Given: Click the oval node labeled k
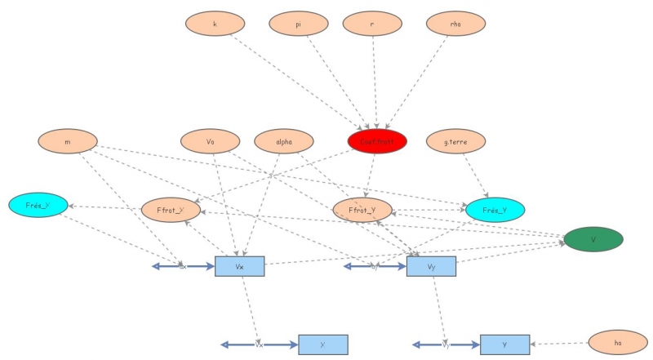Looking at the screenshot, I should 215,24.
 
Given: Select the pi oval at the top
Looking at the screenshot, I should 299,24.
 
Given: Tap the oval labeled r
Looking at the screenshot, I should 372,24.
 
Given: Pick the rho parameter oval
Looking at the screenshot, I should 455,24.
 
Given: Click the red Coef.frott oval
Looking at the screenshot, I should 377,142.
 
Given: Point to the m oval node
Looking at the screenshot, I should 67,141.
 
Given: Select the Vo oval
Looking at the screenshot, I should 211,141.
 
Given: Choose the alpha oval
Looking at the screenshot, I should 284,141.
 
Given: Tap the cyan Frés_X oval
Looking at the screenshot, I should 38,205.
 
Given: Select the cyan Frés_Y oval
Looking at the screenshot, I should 495,210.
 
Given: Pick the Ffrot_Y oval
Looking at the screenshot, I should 362,210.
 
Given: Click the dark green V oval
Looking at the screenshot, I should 593,239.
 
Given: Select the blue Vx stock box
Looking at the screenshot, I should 239,266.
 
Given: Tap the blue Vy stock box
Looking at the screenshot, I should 431,266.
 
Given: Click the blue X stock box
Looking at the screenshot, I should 323,344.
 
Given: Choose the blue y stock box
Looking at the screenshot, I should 504,344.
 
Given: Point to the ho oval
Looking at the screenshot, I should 618,343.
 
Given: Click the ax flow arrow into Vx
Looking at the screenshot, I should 183,266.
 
